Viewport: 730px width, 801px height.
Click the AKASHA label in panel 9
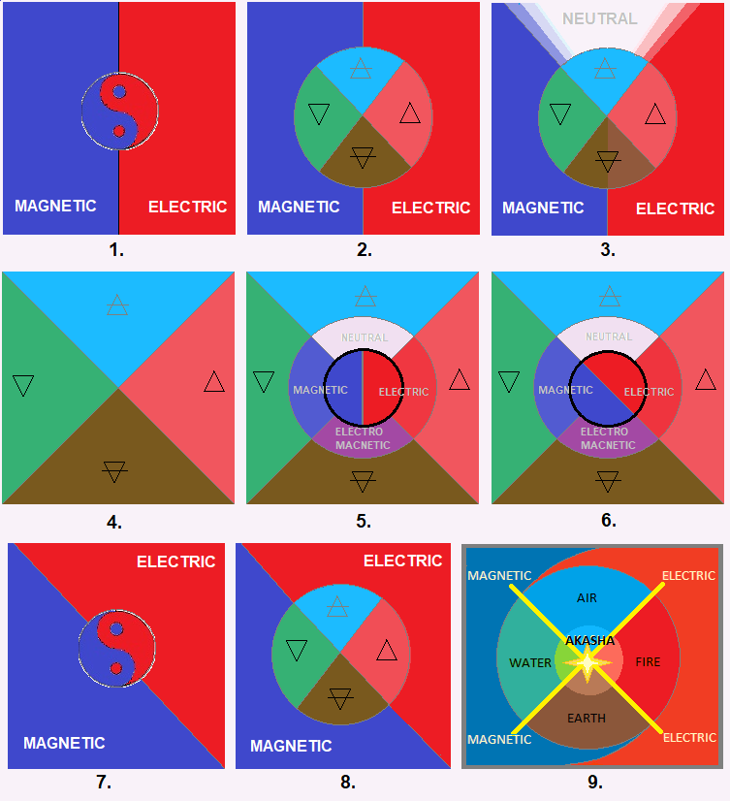[588, 641]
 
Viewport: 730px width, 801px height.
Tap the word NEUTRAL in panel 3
[600, 18]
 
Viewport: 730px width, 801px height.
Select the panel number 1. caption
[116, 249]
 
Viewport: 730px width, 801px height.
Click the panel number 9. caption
[594, 782]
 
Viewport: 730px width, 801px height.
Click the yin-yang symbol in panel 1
[119, 111]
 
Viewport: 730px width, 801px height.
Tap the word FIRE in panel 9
[648, 662]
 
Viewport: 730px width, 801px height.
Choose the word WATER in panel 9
[529, 663]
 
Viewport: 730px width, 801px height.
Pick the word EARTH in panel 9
[587, 719]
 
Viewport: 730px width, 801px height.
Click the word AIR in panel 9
[587, 598]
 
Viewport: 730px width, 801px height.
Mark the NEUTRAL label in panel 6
[609, 337]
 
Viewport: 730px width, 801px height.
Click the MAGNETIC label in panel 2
[299, 207]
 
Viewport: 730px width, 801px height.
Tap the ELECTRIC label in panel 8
[402, 561]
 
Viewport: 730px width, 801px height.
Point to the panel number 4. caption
[114, 522]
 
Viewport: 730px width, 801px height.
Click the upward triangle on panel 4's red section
[214, 382]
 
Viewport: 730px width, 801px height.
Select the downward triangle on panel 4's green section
[23, 385]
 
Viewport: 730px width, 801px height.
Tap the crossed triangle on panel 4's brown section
[114, 472]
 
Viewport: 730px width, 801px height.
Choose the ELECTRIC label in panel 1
[187, 207]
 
